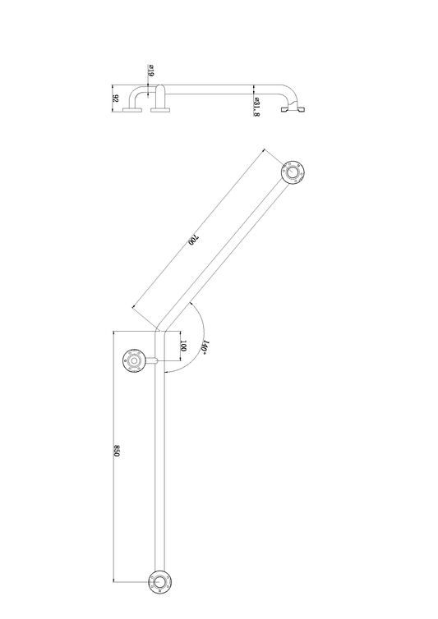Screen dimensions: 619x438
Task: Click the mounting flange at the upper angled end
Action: click(x=292, y=172)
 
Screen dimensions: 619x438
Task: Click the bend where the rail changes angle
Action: click(x=161, y=332)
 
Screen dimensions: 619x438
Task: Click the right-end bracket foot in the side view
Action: click(x=294, y=108)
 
